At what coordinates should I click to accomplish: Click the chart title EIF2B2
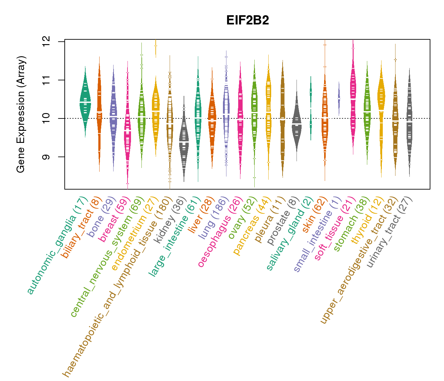click(248, 20)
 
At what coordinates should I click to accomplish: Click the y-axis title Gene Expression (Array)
click(21, 115)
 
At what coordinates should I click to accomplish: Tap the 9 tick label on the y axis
click(46, 157)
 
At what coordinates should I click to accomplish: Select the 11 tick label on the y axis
click(46, 80)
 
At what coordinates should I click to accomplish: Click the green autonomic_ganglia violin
click(85, 102)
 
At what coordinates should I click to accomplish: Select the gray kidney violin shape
click(184, 140)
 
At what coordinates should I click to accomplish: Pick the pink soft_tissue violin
click(353, 95)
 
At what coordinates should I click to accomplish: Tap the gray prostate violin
click(297, 124)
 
